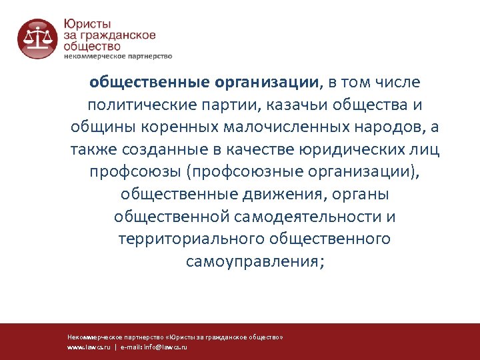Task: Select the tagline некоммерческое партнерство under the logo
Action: point(118,56)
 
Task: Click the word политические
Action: point(142,105)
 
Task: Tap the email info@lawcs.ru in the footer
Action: point(166,348)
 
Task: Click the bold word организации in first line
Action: point(267,83)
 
